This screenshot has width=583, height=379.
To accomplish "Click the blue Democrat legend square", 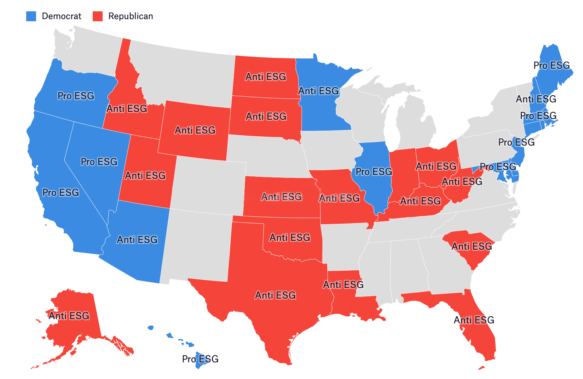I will (x=31, y=16).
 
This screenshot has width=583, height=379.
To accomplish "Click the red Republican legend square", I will (x=97, y=16).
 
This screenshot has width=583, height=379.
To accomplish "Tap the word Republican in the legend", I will (x=131, y=16).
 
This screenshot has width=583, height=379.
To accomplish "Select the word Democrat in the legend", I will (x=62, y=16).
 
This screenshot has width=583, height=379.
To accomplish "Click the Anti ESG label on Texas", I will (x=275, y=295).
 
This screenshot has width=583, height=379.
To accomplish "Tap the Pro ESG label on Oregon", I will (x=76, y=96).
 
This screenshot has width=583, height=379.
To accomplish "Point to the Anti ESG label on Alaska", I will (x=69, y=316).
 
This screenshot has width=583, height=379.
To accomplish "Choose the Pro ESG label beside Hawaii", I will (x=200, y=359).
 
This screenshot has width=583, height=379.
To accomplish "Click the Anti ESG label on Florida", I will (x=474, y=320).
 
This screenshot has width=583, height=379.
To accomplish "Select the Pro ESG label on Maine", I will (x=552, y=66).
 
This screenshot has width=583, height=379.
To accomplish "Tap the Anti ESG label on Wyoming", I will (x=195, y=130).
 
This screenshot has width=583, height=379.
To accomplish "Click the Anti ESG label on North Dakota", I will (x=266, y=77).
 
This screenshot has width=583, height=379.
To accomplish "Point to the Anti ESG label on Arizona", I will (x=137, y=240).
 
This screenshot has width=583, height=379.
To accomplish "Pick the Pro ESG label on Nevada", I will (x=99, y=162).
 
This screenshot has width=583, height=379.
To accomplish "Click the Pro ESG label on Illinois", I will (x=374, y=172).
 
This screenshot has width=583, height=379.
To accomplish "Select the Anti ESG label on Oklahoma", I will (x=290, y=237).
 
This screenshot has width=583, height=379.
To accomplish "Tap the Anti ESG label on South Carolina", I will (x=472, y=246).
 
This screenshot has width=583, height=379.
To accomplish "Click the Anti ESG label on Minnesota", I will (x=319, y=91).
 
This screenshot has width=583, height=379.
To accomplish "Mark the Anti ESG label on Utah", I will (x=145, y=175).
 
